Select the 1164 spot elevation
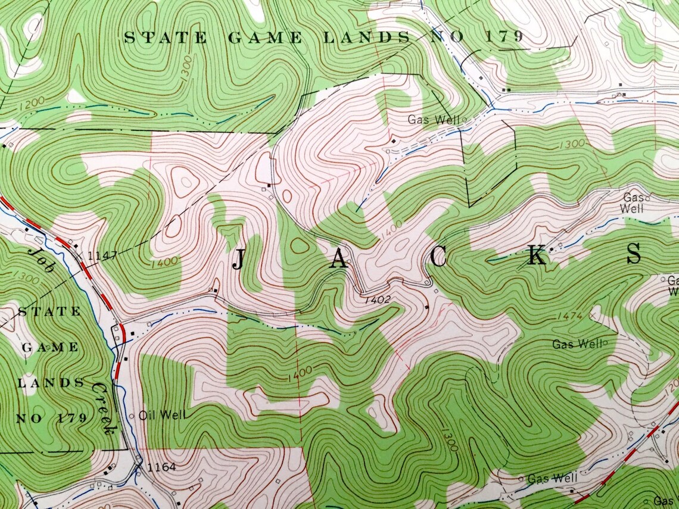coord(161,467)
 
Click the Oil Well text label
coord(162,415)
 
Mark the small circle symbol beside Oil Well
coord(132,416)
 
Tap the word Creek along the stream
coord(102,407)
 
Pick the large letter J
coord(238,260)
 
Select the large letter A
coord(339,258)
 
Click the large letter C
coord(438,257)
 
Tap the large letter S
coord(633,254)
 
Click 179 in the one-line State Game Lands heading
coord(503,37)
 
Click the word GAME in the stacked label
coord(51,347)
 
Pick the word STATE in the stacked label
coord(51,311)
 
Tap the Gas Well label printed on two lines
coord(632,202)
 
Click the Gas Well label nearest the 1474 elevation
coord(577,344)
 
